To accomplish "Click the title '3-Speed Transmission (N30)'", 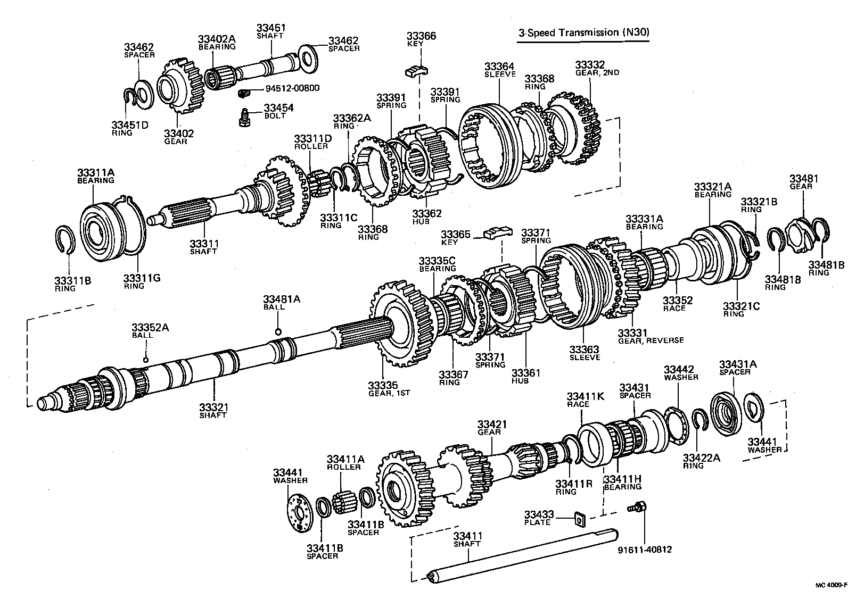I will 584,32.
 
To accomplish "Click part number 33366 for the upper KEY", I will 421,36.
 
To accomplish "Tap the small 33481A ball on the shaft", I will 278,332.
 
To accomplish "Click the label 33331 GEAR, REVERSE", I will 650,336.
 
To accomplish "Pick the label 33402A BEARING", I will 217,42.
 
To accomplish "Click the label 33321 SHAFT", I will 213,411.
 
